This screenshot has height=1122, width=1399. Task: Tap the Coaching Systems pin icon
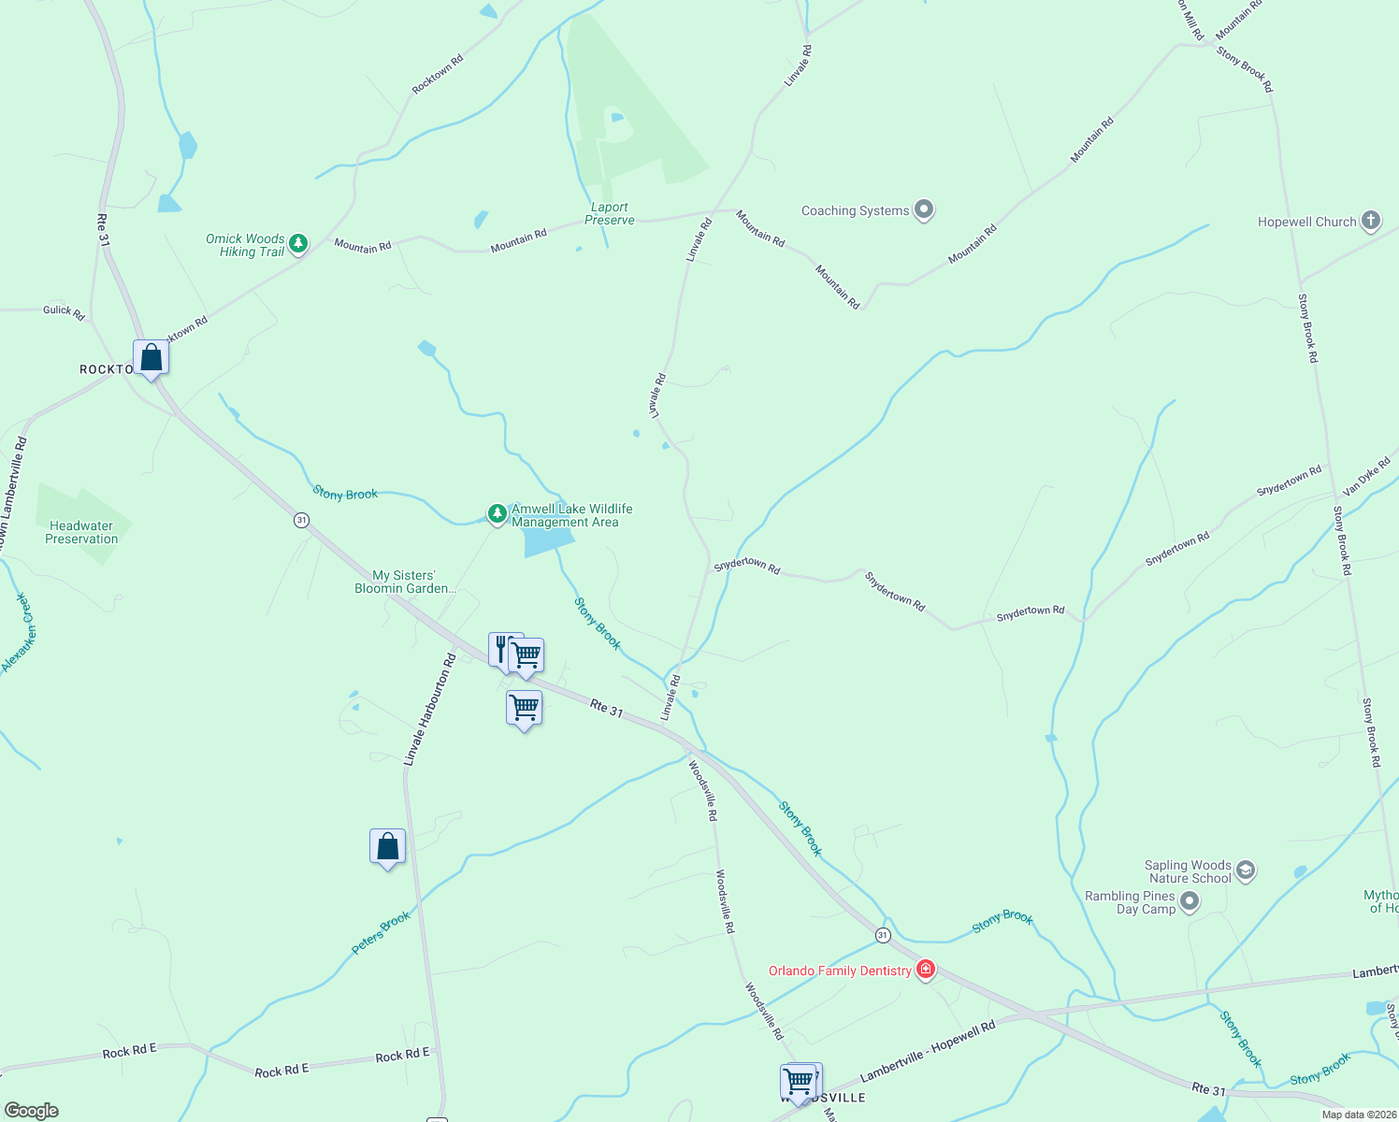click(924, 209)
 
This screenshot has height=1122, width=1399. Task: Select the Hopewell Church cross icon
click(1370, 221)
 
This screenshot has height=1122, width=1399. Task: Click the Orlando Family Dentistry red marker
click(926, 970)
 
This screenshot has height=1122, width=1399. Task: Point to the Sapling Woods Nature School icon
click(1245, 870)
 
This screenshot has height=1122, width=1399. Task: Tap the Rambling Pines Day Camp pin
click(1190, 902)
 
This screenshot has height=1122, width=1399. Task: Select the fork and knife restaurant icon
click(501, 647)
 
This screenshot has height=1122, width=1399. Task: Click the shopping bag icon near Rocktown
click(151, 358)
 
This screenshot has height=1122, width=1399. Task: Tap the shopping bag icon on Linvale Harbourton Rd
click(387, 847)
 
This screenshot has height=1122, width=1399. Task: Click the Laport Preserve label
click(610, 214)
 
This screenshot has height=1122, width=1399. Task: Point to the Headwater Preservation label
click(81, 533)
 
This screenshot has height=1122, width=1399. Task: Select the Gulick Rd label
click(64, 311)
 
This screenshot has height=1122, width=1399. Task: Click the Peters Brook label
click(381, 932)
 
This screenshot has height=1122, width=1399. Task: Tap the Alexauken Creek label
click(17, 633)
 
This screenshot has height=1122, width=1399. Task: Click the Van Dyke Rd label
click(1366, 477)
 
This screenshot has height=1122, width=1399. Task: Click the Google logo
click(31, 1111)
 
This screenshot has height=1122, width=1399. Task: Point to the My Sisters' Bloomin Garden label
click(405, 583)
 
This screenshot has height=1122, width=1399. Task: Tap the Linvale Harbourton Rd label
click(429, 711)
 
